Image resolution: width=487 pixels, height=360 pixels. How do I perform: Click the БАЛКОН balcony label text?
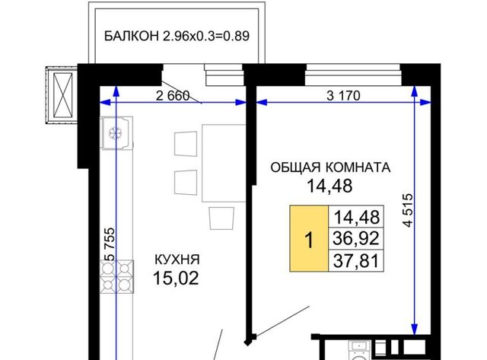[177, 36]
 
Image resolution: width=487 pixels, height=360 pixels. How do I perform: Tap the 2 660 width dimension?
[173, 96]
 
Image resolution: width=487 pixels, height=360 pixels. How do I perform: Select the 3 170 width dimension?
[343, 96]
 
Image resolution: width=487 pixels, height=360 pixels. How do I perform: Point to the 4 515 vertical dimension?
[408, 210]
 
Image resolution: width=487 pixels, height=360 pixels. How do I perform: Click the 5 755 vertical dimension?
[110, 244]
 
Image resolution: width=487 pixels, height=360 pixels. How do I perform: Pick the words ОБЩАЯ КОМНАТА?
[330, 167]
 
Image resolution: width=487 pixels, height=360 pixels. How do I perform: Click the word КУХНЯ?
[177, 260]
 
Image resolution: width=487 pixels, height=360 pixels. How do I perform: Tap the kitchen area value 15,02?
[176, 278]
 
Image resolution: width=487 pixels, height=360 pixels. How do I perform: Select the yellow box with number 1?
[309, 238]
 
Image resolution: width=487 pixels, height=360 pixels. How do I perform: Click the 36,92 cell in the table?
[356, 238]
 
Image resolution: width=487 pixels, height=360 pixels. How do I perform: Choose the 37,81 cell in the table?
[356, 260]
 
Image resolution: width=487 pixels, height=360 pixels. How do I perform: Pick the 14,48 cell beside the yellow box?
[356, 217]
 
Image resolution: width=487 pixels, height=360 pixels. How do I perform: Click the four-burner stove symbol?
[116, 276]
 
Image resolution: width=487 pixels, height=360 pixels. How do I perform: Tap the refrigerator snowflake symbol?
[116, 133]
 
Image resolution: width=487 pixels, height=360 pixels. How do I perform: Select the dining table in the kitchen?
[224, 163]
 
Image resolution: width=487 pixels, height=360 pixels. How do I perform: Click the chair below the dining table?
[221, 218]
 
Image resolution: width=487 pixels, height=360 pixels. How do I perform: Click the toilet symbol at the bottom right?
[358, 351]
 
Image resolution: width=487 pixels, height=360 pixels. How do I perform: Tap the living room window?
[353, 75]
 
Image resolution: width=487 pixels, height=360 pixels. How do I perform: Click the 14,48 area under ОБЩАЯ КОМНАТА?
[329, 186]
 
